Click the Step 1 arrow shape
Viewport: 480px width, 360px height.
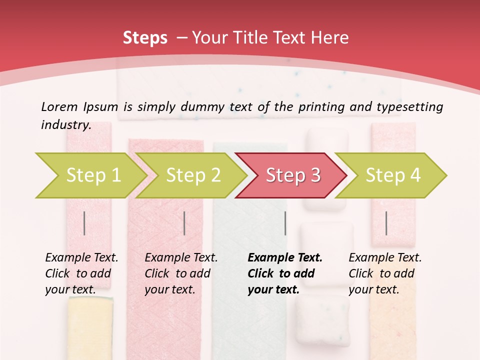point(90,175)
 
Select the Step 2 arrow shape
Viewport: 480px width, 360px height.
point(192,175)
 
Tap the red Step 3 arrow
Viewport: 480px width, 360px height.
point(292,175)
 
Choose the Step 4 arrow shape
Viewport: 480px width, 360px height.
point(392,175)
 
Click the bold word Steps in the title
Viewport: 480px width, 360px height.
point(145,38)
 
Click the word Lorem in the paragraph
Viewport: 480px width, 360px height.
point(59,106)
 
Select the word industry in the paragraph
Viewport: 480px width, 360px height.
point(65,125)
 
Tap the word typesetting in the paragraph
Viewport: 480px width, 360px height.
point(409,107)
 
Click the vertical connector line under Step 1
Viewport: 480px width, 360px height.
point(84,223)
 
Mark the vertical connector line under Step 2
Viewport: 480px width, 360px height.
point(184,223)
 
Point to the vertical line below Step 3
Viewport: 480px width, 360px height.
point(285,223)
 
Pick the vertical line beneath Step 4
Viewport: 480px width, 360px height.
point(386,223)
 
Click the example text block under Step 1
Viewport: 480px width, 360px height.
point(81,273)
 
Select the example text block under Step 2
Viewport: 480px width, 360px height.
point(181,273)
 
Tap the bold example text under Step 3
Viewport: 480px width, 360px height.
point(285,273)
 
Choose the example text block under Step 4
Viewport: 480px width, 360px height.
point(385,273)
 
